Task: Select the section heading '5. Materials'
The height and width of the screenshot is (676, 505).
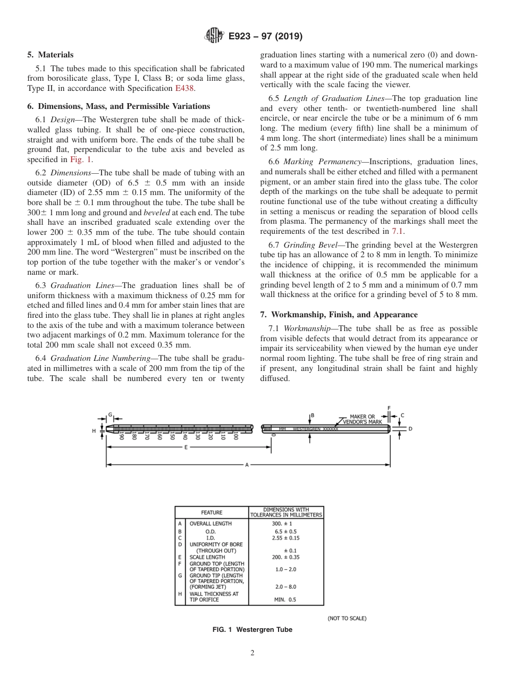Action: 50,55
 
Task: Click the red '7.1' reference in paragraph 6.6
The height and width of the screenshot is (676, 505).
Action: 398,231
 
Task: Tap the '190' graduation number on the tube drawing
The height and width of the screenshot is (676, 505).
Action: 121,437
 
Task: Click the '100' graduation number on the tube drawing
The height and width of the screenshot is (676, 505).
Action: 235,437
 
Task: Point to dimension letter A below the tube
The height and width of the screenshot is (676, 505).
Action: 247,465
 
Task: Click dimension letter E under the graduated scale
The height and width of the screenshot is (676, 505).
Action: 186,447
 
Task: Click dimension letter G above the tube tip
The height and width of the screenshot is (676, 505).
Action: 110,414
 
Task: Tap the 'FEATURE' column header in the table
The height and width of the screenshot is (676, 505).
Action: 212,512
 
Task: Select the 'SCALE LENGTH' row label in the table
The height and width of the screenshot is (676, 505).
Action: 207,557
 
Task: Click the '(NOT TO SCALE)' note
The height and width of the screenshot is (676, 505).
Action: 347,618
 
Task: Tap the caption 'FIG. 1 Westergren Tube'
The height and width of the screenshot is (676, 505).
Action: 252,630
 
